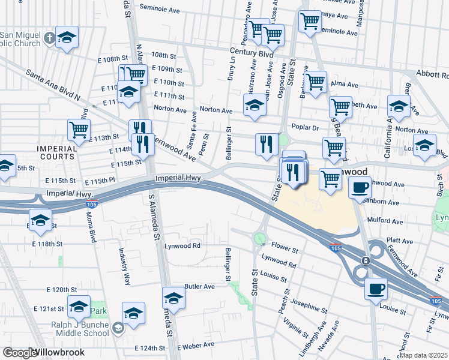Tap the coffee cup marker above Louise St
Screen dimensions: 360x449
click(376, 289)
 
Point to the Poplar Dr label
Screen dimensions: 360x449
click(305, 128)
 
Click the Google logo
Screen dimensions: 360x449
click(18, 353)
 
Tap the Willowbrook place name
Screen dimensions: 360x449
click(58, 353)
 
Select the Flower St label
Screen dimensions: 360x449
click(284, 248)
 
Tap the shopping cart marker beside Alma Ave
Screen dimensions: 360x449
click(315, 82)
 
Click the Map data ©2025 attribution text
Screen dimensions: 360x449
click(424, 355)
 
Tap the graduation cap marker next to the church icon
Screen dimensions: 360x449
click(67, 37)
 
